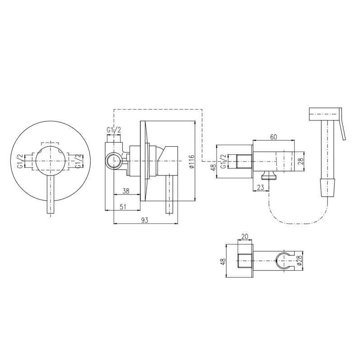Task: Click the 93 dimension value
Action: (144, 220)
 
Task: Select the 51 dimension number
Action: (123, 207)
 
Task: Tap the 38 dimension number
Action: (126, 191)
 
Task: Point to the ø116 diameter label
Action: (192, 161)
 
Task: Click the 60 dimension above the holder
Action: (273, 137)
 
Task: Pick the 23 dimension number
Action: (260, 187)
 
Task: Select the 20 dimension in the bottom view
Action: (245, 236)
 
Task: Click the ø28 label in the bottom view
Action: (299, 261)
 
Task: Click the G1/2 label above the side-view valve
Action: (114, 130)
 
